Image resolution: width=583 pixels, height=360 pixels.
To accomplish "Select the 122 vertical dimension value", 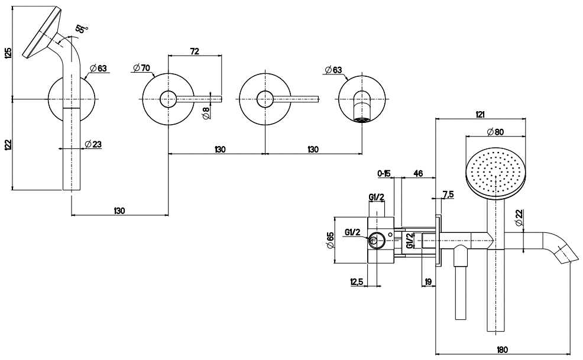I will coord(7,144).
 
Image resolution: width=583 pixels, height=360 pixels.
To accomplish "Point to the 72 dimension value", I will coord(194,51).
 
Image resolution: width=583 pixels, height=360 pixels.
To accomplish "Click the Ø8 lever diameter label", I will coord(206,113).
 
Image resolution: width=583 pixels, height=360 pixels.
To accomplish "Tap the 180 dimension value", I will coord(503,349).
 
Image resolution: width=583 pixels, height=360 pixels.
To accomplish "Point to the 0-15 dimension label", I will coord(384,173).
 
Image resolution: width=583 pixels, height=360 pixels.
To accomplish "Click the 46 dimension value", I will coord(417,173).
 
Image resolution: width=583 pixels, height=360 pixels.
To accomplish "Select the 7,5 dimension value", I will coord(448,194).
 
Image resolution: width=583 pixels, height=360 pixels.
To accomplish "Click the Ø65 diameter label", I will coord(331,241).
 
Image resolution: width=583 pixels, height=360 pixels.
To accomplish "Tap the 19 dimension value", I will coord(428,283).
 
